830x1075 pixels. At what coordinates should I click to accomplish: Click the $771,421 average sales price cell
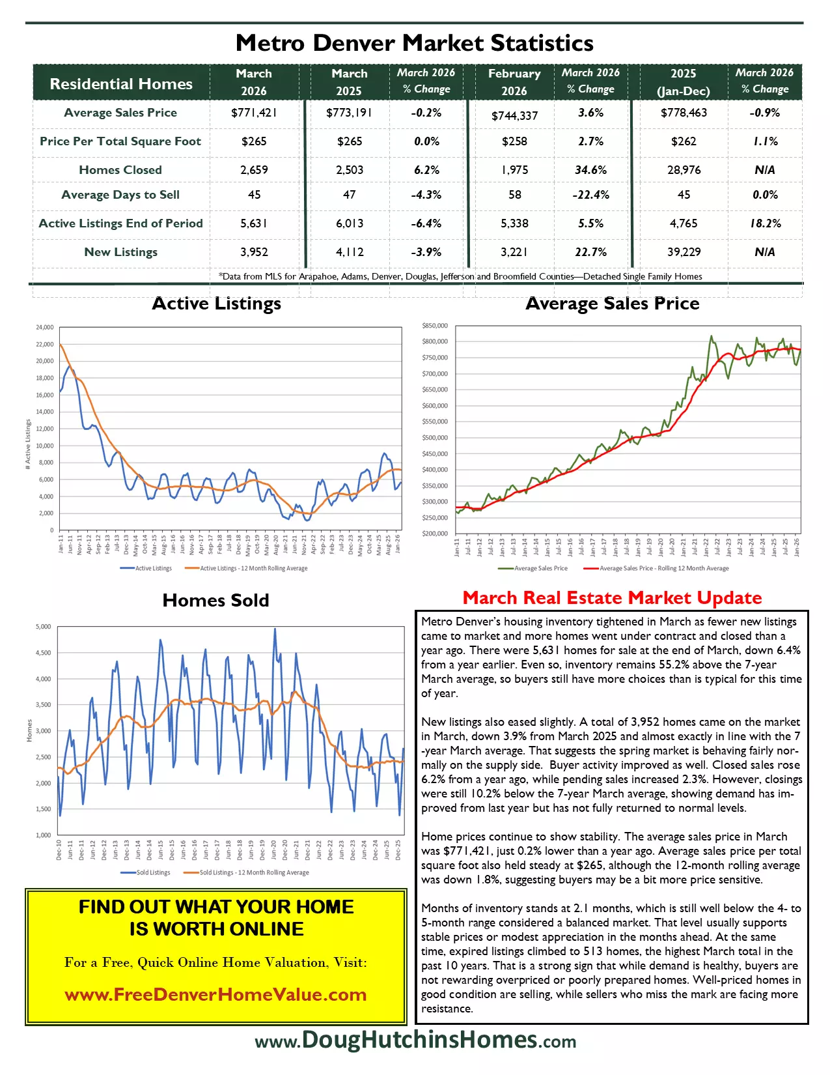pyautogui.click(x=254, y=113)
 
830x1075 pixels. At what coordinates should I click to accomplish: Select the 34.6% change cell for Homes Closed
pyautogui.click(x=590, y=170)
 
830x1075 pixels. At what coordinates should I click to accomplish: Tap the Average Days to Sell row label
pyautogui.click(x=120, y=195)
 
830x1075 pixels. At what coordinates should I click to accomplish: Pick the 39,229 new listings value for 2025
pyautogui.click(x=684, y=252)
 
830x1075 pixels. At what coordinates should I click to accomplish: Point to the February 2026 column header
pyautogui.click(x=514, y=82)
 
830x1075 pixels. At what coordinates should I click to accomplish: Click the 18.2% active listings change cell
pyautogui.click(x=765, y=223)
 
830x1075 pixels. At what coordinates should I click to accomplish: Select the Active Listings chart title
pyautogui.click(x=216, y=304)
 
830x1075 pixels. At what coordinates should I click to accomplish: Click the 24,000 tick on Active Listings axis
pyautogui.click(x=45, y=327)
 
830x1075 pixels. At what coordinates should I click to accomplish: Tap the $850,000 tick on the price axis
pyautogui.click(x=435, y=326)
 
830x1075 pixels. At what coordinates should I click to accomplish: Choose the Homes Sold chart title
pyautogui.click(x=215, y=600)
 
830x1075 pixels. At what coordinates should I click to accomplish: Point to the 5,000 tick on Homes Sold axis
pyautogui.click(x=43, y=627)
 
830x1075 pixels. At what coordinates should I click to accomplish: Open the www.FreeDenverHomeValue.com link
pyautogui.click(x=215, y=995)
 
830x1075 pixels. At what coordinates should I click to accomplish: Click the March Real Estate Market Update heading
pyautogui.click(x=612, y=598)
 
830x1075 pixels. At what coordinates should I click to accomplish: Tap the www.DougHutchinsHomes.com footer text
pyautogui.click(x=415, y=1040)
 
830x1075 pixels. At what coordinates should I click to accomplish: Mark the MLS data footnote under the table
pyautogui.click(x=460, y=276)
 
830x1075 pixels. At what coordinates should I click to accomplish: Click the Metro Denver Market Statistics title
pyautogui.click(x=415, y=43)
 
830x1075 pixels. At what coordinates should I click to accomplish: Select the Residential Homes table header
pyautogui.click(x=121, y=83)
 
